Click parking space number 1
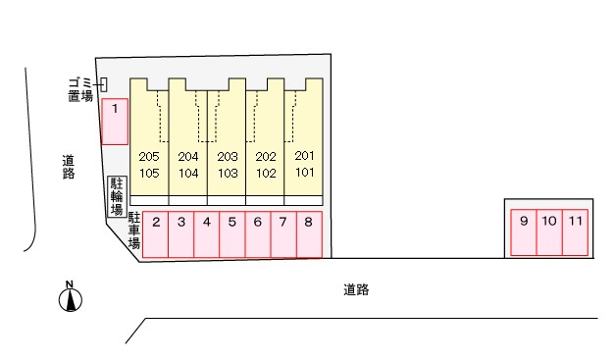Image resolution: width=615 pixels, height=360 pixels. (x=115, y=122)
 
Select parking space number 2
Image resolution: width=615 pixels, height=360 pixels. (x=155, y=234)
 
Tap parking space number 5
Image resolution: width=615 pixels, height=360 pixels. (x=232, y=234)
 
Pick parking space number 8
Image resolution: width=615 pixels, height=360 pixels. (x=309, y=234)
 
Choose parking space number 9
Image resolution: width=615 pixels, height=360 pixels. (x=524, y=232)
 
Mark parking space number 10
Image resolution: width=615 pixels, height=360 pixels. (x=549, y=232)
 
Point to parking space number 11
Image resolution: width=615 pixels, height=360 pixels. (x=575, y=232)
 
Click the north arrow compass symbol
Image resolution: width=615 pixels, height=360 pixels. (x=71, y=297)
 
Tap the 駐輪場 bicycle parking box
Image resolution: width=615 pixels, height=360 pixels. (x=118, y=197)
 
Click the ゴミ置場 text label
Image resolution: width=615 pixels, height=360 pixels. (x=80, y=90)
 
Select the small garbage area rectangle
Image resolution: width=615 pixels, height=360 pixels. (x=104, y=84)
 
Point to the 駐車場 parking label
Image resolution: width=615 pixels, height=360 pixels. (x=134, y=231)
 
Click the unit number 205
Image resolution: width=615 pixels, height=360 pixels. (x=149, y=157)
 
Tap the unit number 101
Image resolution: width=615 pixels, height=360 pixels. (x=305, y=173)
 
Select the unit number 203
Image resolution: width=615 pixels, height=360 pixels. (x=228, y=157)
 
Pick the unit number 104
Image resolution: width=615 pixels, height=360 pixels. (x=188, y=174)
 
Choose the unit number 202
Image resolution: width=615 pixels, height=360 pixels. (x=266, y=157)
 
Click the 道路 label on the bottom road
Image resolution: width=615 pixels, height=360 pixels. (x=356, y=289)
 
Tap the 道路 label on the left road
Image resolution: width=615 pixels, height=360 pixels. (x=69, y=167)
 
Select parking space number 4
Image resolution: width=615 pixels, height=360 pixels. (x=207, y=234)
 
